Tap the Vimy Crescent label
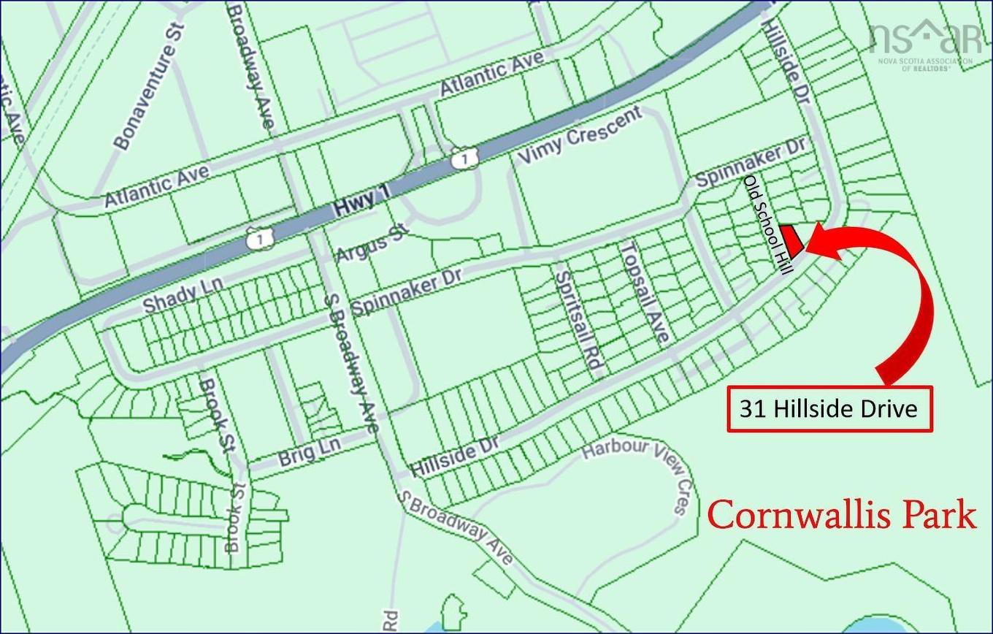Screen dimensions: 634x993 [581, 135]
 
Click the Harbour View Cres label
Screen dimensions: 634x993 [643, 467]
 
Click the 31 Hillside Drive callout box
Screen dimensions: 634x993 [829, 409]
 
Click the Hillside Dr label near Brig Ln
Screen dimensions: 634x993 [455, 458]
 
